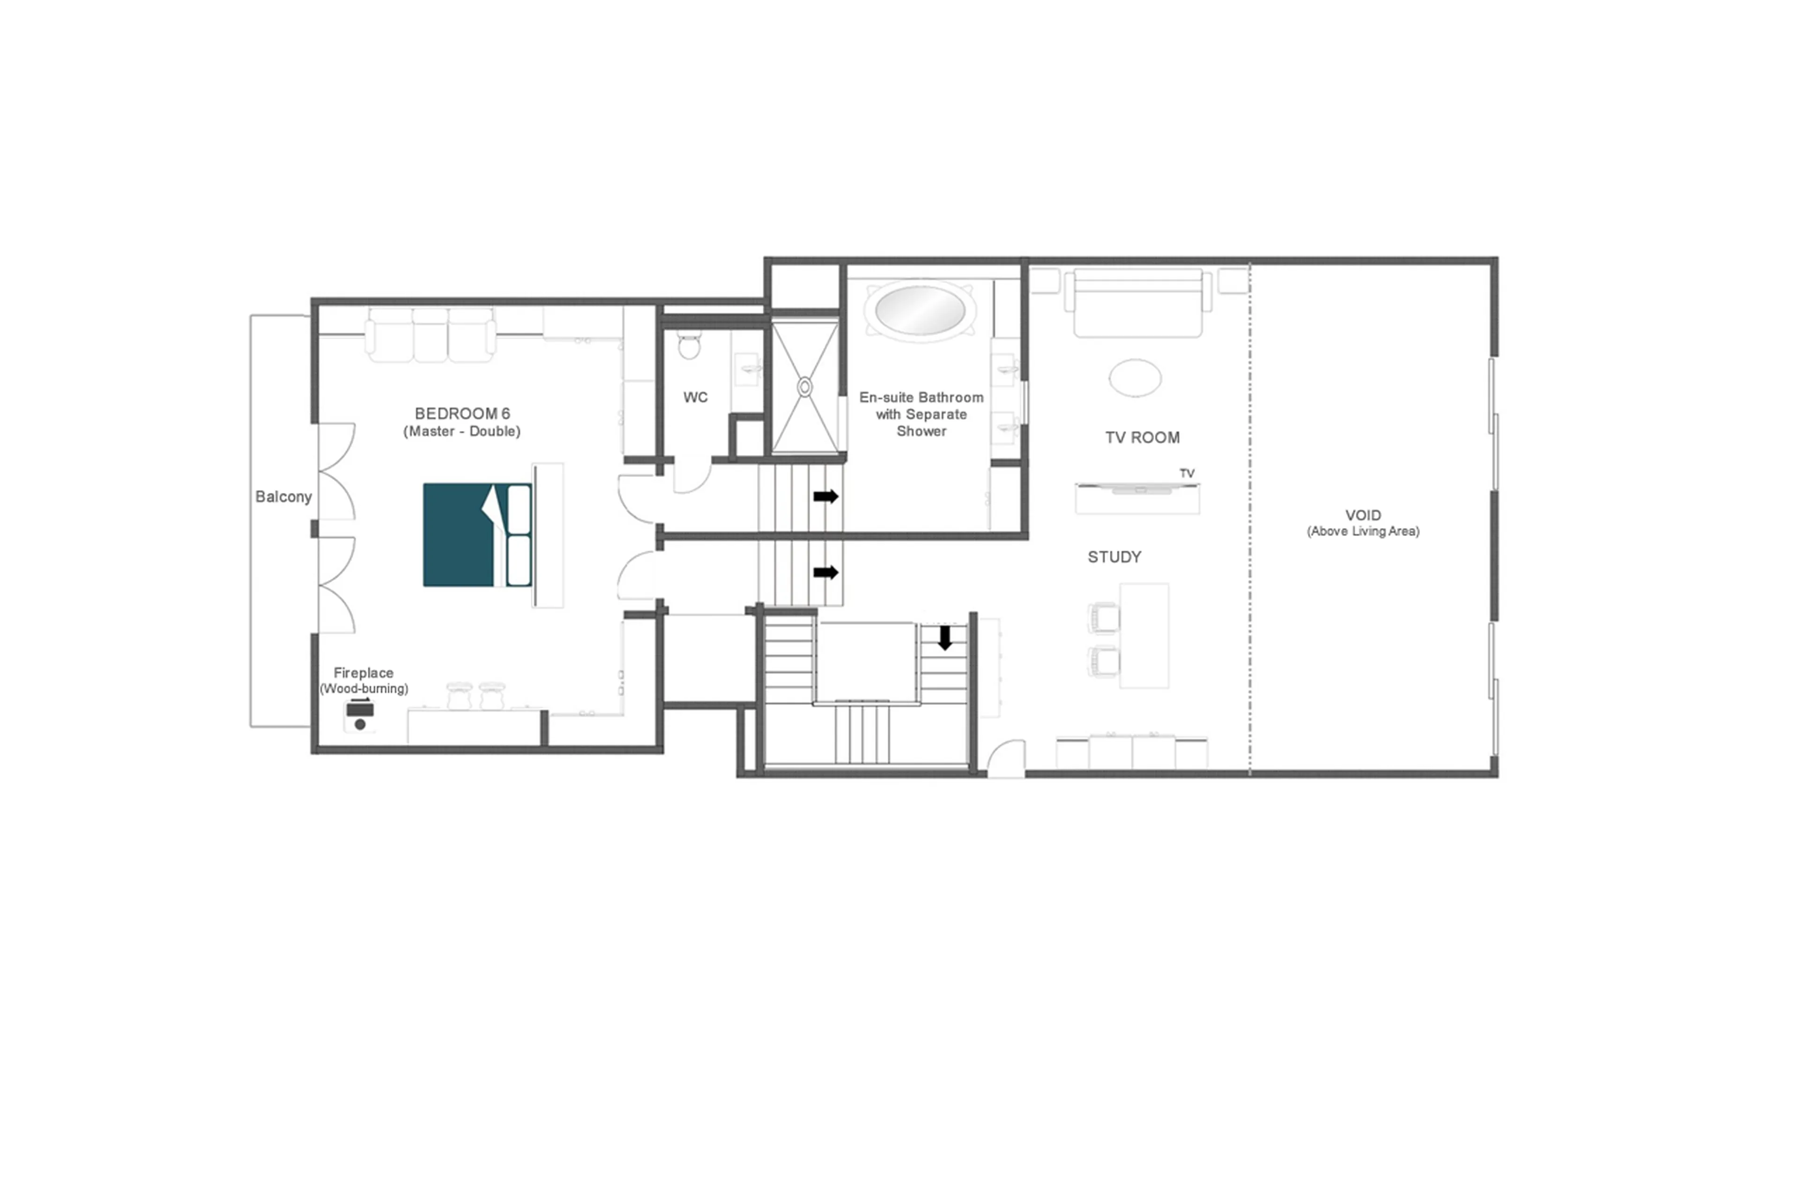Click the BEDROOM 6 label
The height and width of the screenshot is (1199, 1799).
coord(462,414)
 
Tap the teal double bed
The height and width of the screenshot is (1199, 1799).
coord(466,535)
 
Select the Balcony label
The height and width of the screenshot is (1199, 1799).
coord(283,497)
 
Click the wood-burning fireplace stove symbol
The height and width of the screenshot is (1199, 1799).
coord(359,716)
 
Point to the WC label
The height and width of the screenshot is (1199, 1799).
coord(695,397)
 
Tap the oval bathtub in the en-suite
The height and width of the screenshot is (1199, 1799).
coord(920,309)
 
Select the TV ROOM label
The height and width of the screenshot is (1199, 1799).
coord(1142,438)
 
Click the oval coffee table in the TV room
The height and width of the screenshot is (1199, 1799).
coord(1135,378)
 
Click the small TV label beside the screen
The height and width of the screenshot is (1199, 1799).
coord(1186,473)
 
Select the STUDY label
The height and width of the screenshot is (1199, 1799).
coord(1114,557)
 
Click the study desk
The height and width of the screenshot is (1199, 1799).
coord(1144,635)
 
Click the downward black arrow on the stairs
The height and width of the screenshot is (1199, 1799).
coord(944,637)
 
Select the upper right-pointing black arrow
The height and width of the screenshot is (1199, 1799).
coord(825,496)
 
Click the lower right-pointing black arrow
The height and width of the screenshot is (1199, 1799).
coord(825,573)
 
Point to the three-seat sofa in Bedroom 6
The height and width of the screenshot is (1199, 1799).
coord(431,335)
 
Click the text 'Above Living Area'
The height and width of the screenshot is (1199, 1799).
coord(1362,531)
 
